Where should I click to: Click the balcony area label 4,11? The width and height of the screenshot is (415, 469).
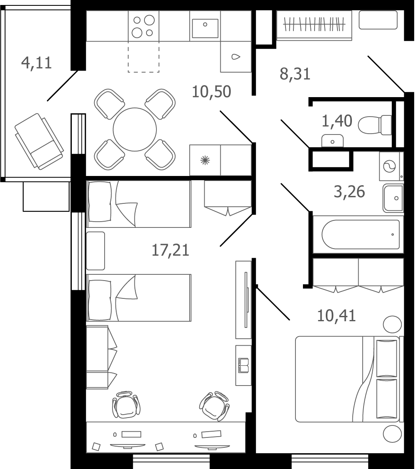click(x=37, y=63)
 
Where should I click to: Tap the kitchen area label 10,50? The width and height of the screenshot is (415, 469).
click(x=211, y=92)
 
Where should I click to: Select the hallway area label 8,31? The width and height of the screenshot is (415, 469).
click(x=295, y=74)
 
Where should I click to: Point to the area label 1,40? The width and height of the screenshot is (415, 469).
click(x=337, y=121)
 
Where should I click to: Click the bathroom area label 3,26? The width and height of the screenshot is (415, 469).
click(x=349, y=192)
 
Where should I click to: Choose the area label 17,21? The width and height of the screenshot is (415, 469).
click(x=171, y=250)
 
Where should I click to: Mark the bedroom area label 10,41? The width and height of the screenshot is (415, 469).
click(x=337, y=315)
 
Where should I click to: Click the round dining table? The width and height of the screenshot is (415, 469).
click(x=135, y=129)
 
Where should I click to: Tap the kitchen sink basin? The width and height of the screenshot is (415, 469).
click(x=205, y=28)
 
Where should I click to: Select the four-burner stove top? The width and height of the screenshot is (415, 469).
click(x=144, y=26)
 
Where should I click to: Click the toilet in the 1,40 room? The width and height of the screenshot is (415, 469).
click(x=375, y=125)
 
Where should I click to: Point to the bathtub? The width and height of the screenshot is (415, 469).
click(x=361, y=234)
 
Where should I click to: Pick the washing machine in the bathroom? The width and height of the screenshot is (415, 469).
click(x=391, y=166)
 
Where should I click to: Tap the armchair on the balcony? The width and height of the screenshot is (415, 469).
click(x=39, y=142)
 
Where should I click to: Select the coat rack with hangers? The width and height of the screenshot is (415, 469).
click(x=314, y=24)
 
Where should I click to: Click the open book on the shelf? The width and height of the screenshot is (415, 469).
click(x=243, y=366)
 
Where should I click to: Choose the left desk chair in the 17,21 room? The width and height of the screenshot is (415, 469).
click(x=126, y=405)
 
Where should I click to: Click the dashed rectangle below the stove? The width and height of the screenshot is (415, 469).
click(x=144, y=57)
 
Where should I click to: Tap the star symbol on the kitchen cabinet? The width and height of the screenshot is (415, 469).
click(x=205, y=160)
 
